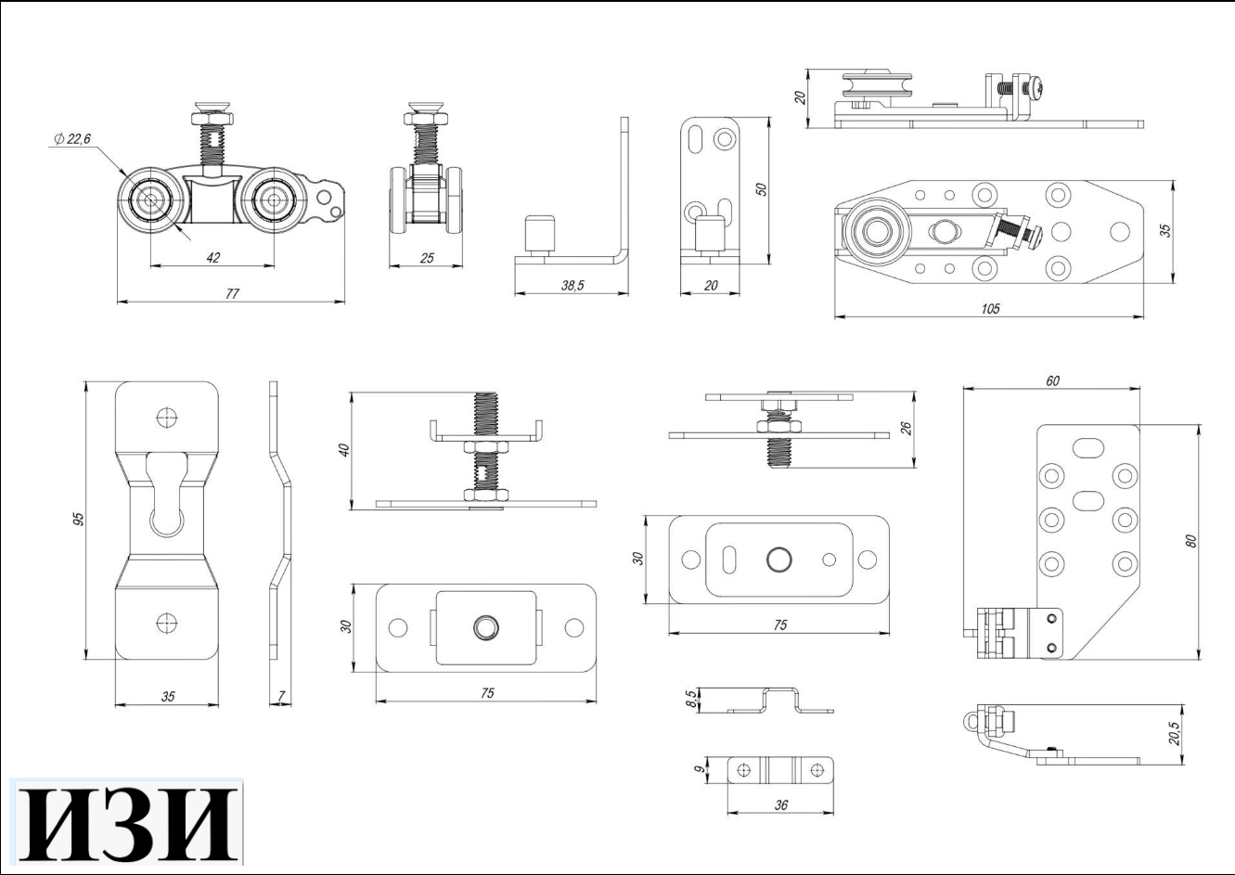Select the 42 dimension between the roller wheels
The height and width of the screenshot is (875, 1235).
pyautogui.click(x=212, y=258)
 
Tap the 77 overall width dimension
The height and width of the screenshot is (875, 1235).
pyautogui.click(x=232, y=293)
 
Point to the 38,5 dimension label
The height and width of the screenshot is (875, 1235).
pyautogui.click(x=572, y=287)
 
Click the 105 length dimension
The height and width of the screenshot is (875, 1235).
pyautogui.click(x=990, y=309)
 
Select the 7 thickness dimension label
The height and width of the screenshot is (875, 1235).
pyautogui.click(x=281, y=696)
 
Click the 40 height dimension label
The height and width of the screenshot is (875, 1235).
pyautogui.click(x=344, y=451)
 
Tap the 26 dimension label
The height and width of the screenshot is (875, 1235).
pyautogui.click(x=907, y=428)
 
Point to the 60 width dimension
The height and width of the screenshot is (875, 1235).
pyautogui.click(x=1052, y=380)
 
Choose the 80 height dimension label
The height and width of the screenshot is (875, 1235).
pyautogui.click(x=1190, y=539)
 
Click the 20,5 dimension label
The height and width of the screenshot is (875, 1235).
pyautogui.click(x=1175, y=733)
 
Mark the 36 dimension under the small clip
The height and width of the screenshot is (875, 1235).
pyautogui.click(x=780, y=805)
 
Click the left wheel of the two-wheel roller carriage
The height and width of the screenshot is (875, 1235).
pyautogui.click(x=149, y=200)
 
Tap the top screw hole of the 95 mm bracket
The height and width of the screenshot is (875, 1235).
pyautogui.click(x=167, y=417)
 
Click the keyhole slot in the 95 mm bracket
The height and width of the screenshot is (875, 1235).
pyautogui.click(x=166, y=496)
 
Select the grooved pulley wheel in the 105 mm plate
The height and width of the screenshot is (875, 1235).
pyautogui.click(x=873, y=232)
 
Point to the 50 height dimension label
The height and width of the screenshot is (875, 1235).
pyautogui.click(x=761, y=189)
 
